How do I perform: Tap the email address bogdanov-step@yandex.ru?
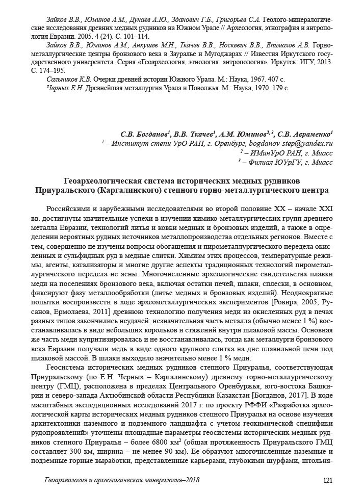(291, 144)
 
